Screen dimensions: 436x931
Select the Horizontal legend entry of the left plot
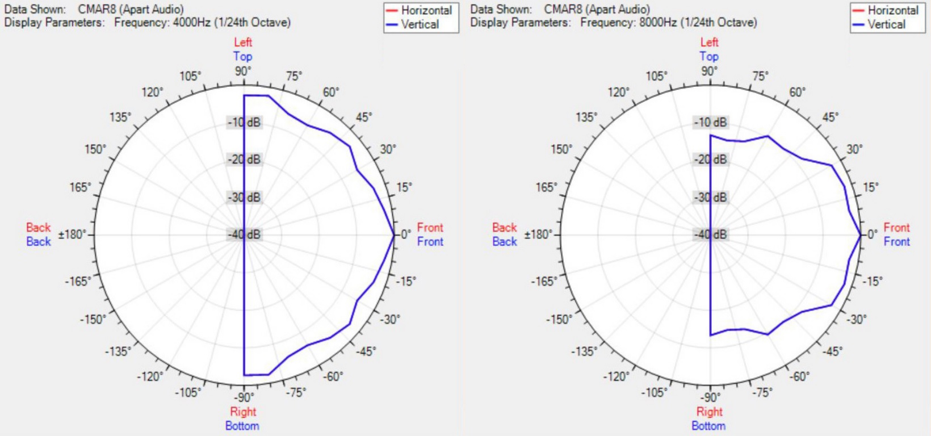click(426, 10)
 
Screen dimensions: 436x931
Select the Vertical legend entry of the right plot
click(886, 24)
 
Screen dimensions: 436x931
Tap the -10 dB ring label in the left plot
click(245, 123)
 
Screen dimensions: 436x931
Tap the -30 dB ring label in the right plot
click(711, 198)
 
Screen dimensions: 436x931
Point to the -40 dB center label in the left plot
click(245, 234)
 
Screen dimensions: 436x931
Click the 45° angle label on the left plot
click(364, 117)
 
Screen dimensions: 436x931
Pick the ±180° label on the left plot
click(73, 234)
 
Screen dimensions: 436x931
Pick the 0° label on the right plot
click(872, 234)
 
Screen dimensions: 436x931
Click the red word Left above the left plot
click(243, 42)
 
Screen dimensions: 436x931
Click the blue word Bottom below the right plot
click(708, 426)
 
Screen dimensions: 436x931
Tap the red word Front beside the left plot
click(430, 228)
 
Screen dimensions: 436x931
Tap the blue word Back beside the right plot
click(505, 242)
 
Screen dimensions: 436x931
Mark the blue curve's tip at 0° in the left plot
click(394, 234)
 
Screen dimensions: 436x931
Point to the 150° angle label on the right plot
click(561, 149)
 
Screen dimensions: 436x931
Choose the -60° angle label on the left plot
click(333, 376)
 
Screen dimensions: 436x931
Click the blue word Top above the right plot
click(708, 56)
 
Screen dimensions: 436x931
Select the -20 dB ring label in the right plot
click(711, 160)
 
